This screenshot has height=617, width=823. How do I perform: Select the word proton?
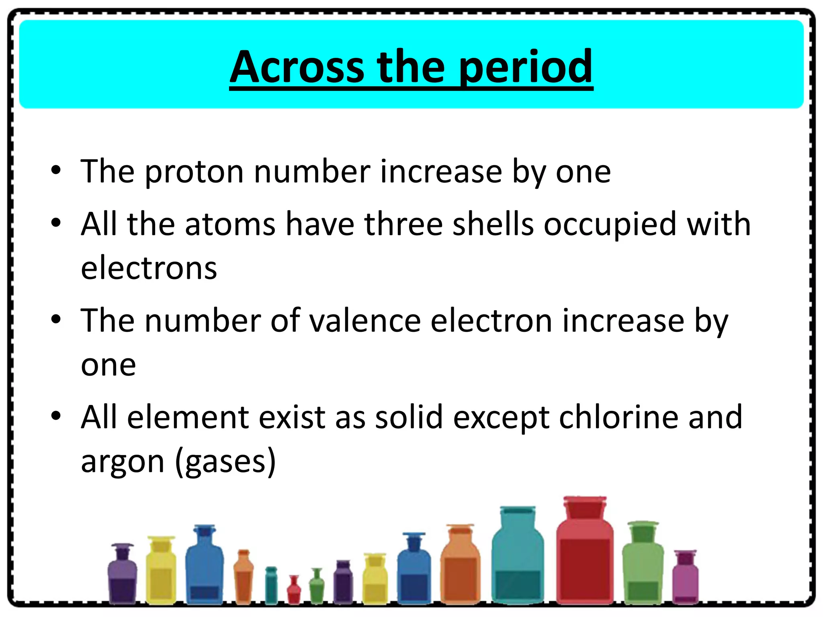194,172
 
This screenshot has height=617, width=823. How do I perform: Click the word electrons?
149,268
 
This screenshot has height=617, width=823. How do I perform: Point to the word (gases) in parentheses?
226,462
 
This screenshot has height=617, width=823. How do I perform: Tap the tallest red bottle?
585,558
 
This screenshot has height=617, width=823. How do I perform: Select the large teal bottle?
518,562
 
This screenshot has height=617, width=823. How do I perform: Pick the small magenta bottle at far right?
686,578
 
